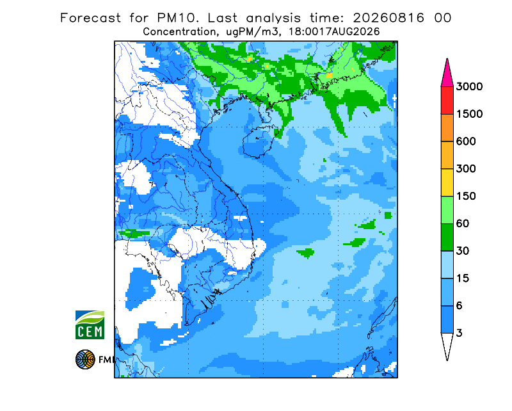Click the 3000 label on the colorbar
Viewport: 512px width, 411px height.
tap(469, 86)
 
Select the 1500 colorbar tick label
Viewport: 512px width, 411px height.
tap(469, 114)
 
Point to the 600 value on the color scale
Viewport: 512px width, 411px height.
tap(466, 141)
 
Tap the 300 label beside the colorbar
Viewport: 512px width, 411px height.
tap(466, 169)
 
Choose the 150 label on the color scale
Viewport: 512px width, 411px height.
tap(466, 197)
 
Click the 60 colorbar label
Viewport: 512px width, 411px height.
tap(463, 224)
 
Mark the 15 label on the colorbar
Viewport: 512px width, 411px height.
tap(463, 278)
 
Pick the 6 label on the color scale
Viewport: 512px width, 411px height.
tap(460, 306)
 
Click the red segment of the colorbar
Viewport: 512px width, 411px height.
tap(447, 101)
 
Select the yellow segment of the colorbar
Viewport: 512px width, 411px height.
tap(447, 182)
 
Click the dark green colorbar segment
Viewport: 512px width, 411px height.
tap(447, 238)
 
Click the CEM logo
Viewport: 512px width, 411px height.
tap(90, 325)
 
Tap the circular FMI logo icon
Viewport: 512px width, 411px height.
tap(85, 359)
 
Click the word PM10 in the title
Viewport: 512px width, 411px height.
tap(177, 18)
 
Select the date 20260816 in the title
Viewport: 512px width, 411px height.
tap(388, 18)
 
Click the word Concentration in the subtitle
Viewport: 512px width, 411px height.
tap(179, 32)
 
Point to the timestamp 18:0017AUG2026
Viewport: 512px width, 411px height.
tap(334, 32)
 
